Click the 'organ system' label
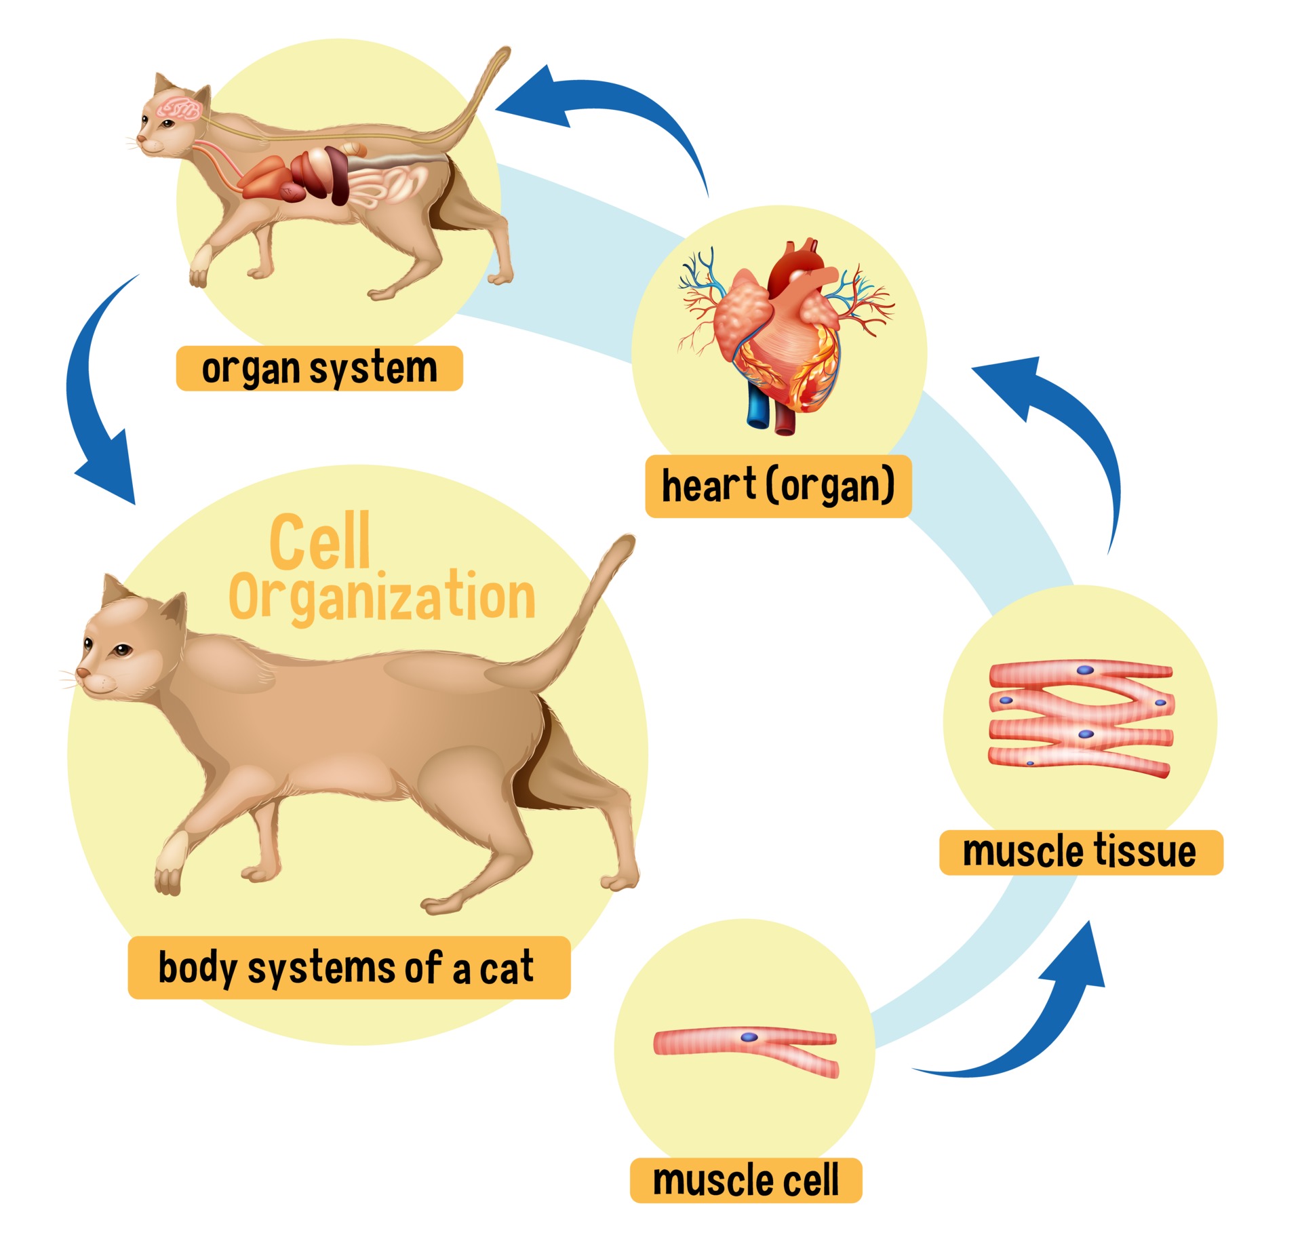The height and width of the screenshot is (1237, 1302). click(319, 368)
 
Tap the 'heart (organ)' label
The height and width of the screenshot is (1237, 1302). click(778, 486)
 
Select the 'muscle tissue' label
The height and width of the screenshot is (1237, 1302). click(1080, 852)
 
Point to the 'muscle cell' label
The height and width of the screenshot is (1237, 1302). click(745, 1180)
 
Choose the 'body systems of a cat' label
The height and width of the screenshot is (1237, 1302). click(349, 967)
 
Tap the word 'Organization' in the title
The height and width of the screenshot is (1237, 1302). click(382, 597)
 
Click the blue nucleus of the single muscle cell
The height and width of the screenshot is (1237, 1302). click(749, 1037)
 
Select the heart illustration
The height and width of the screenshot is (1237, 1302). click(787, 332)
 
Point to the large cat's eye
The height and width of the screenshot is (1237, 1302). click(121, 651)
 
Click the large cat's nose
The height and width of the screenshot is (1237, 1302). click(82, 672)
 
